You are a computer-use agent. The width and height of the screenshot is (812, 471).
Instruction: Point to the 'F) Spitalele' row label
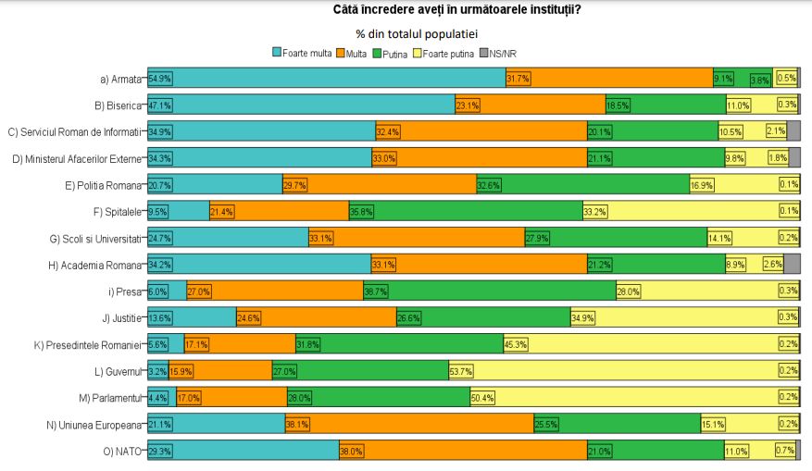click(x=117, y=211)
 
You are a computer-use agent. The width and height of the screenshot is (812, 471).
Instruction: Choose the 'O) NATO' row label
click(x=124, y=451)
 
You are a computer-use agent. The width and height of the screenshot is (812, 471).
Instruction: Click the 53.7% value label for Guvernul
click(x=461, y=371)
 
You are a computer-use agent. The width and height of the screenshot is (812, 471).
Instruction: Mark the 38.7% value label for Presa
click(x=376, y=291)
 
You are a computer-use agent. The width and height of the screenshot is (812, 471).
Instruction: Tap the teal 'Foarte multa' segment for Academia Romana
click(x=259, y=265)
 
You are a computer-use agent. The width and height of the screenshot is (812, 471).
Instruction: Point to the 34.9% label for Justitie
click(x=583, y=317)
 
